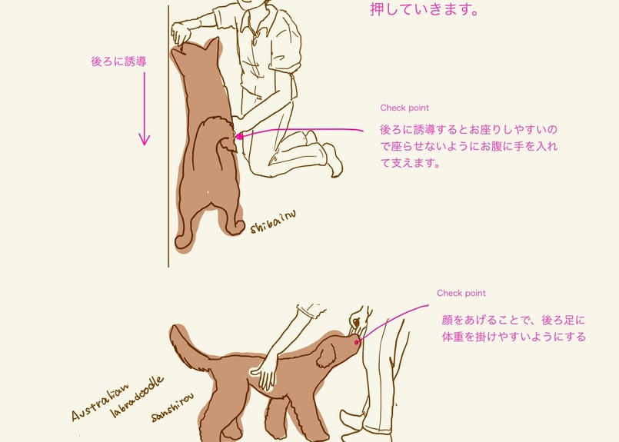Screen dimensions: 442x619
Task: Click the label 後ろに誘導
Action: pos(118,61)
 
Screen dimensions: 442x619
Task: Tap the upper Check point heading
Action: pos(404,108)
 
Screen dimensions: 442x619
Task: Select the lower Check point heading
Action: pos(461,294)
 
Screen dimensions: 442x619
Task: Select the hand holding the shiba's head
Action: pos(182,33)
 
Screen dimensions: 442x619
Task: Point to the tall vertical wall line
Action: pos(168,154)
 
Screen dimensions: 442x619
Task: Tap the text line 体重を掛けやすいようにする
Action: pos(513,337)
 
